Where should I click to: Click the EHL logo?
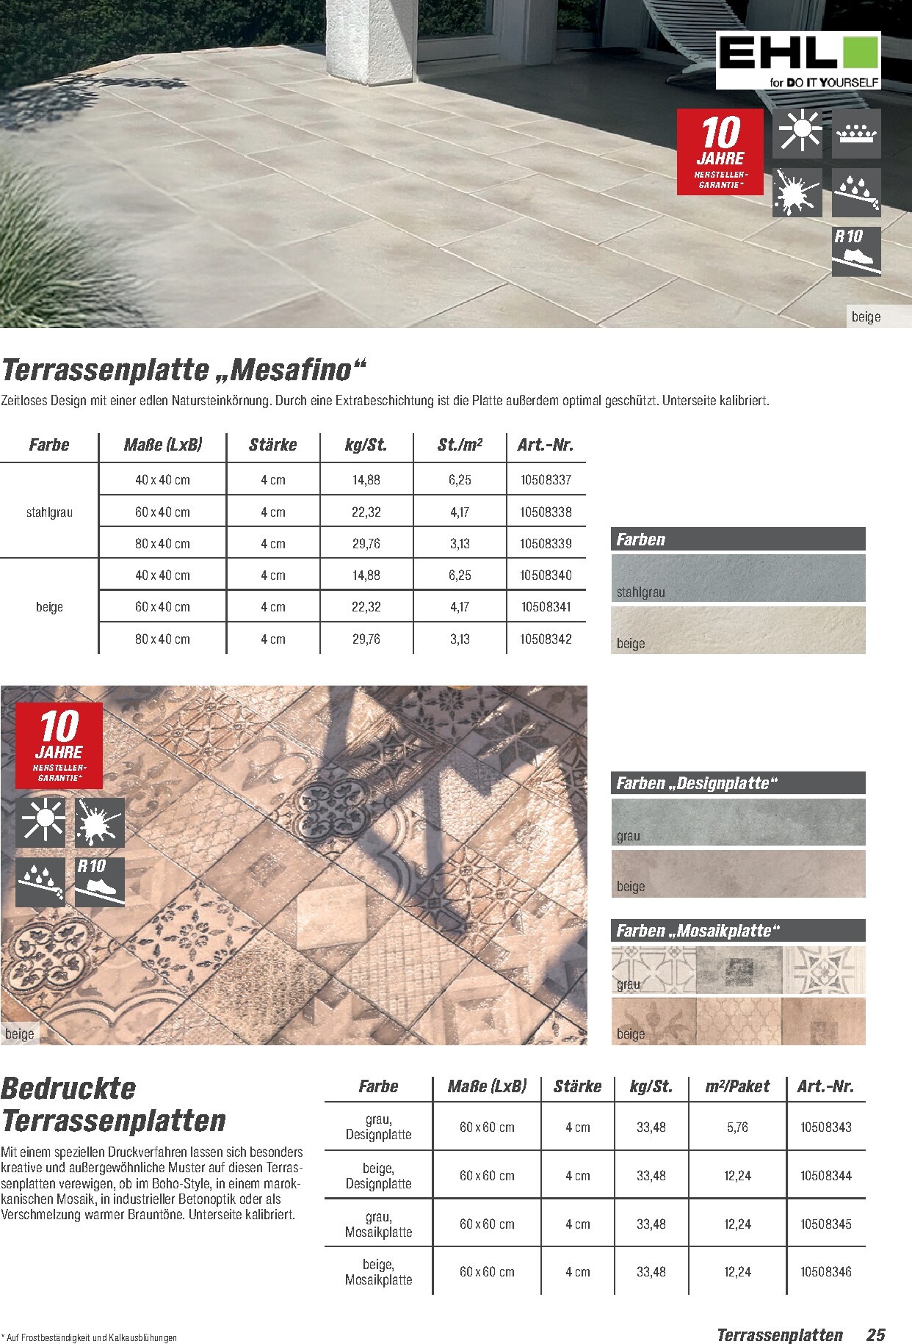pyautogui.click(x=797, y=60)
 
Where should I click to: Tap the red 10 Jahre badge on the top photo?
pyautogui.click(x=720, y=152)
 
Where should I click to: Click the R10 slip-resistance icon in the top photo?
pyautogui.click(x=855, y=252)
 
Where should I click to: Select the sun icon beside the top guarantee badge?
pyautogui.click(x=797, y=133)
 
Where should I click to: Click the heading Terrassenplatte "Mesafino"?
pyautogui.click(x=184, y=369)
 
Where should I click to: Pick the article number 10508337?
pyautogui.click(x=546, y=480)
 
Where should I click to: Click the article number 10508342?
pyautogui.click(x=546, y=639)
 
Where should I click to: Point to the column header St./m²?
pyautogui.click(x=460, y=445)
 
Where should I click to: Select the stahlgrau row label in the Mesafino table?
pyautogui.click(x=49, y=512)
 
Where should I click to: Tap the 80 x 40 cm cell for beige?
pyautogui.click(x=162, y=639)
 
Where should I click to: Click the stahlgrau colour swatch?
pyautogui.click(x=738, y=578)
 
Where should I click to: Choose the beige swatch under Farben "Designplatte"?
pyautogui.click(x=738, y=873)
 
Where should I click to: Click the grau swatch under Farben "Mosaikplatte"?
pyautogui.click(x=738, y=970)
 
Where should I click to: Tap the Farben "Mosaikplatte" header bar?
pyautogui.click(x=738, y=931)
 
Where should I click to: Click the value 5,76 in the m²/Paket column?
pyautogui.click(x=737, y=1127)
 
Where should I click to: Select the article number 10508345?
pyautogui.click(x=826, y=1224)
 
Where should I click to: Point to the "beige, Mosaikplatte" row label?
pyautogui.click(x=378, y=1272)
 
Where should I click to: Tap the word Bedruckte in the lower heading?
pyautogui.click(x=68, y=1088)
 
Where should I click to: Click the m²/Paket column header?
pyautogui.click(x=737, y=1086)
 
